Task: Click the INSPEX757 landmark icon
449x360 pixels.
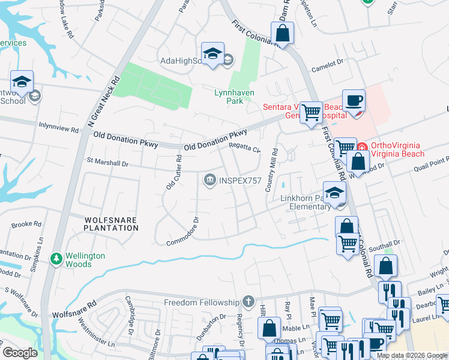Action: click(x=209, y=180)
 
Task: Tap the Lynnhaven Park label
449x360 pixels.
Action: click(x=235, y=97)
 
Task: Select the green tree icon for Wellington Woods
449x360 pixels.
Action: click(x=56, y=259)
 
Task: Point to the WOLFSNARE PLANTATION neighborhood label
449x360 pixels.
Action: click(x=103, y=223)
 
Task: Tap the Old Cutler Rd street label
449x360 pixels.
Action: click(x=174, y=172)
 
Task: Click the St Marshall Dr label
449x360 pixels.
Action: click(x=108, y=163)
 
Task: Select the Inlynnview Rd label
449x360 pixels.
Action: click(x=58, y=129)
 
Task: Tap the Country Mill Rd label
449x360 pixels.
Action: click(x=271, y=170)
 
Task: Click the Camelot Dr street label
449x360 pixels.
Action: click(x=327, y=67)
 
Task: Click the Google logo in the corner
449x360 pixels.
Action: click(x=19, y=353)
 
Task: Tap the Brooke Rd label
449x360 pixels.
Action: click(x=26, y=224)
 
